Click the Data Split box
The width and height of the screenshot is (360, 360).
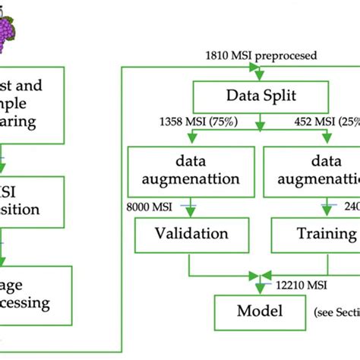[261, 96]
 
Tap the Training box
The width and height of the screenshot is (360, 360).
[320, 234]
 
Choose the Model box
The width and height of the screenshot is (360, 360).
[261, 311]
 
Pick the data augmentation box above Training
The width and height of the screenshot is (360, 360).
[320, 172]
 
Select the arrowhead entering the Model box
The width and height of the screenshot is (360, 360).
[261, 287]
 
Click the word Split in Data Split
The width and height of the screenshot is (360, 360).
[283, 96]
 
